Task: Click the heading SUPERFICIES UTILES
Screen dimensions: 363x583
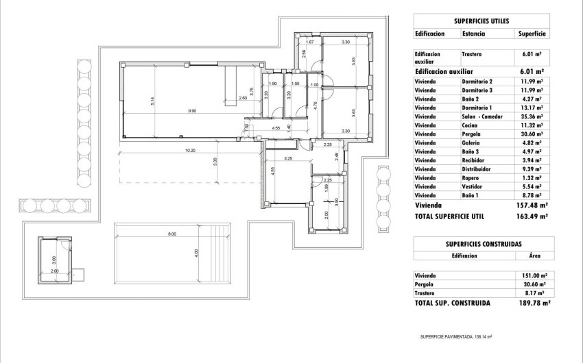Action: pos(481,21)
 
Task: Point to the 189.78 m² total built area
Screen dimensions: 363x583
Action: pos(532,301)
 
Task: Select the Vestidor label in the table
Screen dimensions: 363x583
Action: pos(472,186)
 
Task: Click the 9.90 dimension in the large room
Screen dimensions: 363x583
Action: pos(193,110)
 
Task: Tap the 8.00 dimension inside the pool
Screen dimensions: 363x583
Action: pos(171,234)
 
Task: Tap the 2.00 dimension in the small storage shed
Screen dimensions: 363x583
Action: pos(55,271)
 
